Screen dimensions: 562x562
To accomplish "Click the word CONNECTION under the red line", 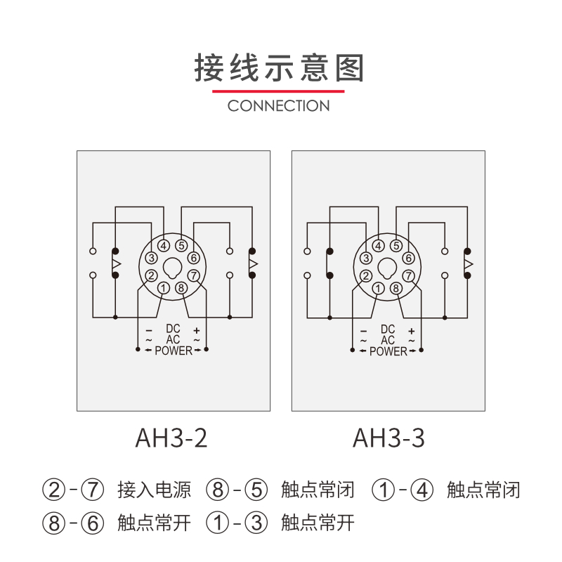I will coord(279,106).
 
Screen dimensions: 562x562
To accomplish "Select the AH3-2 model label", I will coord(171,438).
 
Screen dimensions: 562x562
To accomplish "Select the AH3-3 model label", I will coord(388,438).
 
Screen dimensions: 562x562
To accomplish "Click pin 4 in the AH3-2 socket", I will coord(164,246).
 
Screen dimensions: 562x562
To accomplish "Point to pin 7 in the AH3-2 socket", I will coord(195,275).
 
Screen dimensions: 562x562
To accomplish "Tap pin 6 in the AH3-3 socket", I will coord(409,259).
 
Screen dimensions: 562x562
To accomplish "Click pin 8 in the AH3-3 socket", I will coord(396,287).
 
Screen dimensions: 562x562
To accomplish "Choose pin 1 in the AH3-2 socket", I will coord(164,287).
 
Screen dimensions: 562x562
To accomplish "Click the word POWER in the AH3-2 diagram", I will coord(173,351).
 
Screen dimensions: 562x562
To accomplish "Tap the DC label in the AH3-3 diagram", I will coord(388,329).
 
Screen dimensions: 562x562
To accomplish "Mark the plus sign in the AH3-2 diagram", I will coord(197,329).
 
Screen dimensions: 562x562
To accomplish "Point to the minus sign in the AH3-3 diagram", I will coord(364,330).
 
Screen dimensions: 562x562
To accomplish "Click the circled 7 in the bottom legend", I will coord(93,489).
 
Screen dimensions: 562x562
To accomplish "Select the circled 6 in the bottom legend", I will coord(93,523).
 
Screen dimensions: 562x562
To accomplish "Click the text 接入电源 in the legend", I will coord(155,489).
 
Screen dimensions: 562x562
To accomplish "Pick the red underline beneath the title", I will coord(279,91).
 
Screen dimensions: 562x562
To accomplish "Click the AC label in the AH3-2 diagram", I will coord(173,339).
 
